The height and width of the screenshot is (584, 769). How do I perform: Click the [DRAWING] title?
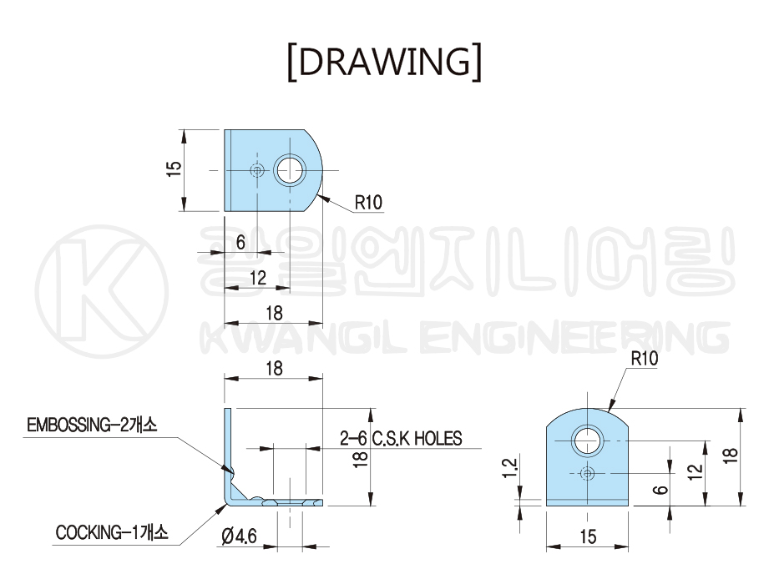[384, 63]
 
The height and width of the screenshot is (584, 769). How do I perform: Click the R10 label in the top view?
[368, 203]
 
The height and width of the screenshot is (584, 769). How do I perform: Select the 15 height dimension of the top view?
[175, 169]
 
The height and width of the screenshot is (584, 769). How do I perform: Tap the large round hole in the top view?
[290, 170]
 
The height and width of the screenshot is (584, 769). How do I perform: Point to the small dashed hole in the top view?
[256, 170]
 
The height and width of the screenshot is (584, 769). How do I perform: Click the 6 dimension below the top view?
[240, 242]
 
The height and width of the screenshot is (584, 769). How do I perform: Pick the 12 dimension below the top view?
[257, 278]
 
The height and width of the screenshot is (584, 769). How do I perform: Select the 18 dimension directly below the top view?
[274, 313]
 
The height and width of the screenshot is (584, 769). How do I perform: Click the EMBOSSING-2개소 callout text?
[92, 425]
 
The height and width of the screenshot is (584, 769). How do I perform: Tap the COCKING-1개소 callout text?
[112, 532]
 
